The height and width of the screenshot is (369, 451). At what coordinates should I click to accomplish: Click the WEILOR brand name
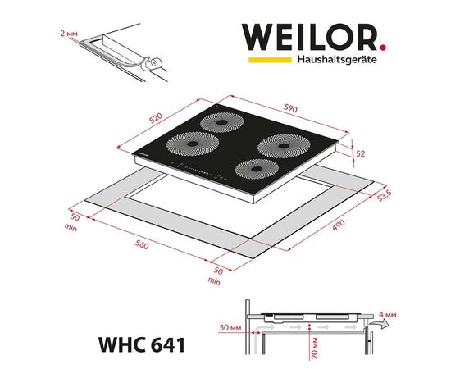pos(309,38)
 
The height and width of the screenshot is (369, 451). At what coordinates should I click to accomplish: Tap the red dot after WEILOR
pos(383,48)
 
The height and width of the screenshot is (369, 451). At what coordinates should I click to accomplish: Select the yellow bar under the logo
pos(270,60)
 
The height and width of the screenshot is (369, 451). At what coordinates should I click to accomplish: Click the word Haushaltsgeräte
pos(337,60)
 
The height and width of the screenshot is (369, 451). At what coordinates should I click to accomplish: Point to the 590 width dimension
pos(290,108)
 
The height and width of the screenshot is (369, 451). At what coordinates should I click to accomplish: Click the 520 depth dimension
pos(156,118)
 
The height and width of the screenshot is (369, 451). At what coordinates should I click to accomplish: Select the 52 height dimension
pos(361,154)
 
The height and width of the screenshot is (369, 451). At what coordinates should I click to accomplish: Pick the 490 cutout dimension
pos(339,225)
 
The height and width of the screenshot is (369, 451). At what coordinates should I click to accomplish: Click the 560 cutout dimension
pos(142,244)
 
